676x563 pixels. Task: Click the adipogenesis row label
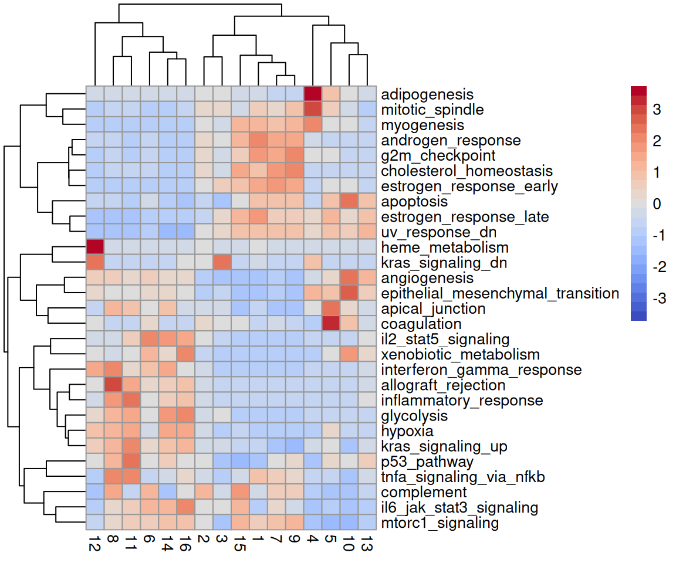click(427, 94)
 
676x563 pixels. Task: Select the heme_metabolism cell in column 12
click(95, 247)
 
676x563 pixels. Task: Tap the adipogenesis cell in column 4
click(313, 94)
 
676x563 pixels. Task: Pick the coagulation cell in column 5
click(331, 324)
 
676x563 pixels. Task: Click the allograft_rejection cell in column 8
click(113, 385)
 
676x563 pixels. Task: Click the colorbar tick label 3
click(656, 110)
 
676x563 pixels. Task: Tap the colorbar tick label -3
click(654, 299)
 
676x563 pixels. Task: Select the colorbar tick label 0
click(656, 204)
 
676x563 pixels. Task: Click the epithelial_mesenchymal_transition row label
click(500, 293)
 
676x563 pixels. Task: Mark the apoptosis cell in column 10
click(349, 201)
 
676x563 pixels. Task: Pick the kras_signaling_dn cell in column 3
click(222, 263)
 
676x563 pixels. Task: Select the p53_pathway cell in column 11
click(131, 462)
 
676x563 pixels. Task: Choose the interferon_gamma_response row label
click(481, 370)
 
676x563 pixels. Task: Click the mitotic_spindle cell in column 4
click(313, 110)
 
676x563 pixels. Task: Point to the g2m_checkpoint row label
click(438, 155)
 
